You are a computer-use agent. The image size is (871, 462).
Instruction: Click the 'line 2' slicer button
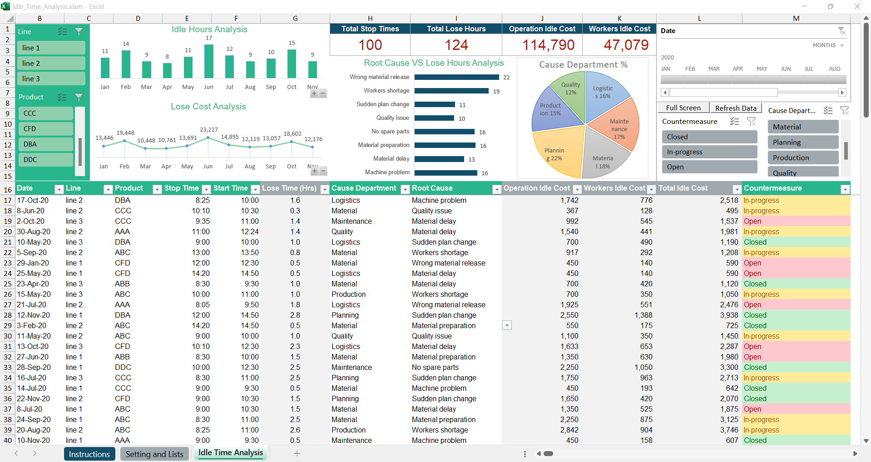[52, 63]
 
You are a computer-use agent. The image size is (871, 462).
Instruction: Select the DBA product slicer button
[45, 144]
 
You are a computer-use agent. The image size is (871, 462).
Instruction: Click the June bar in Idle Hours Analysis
[208, 61]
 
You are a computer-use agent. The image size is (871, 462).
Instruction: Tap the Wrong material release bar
[456, 77]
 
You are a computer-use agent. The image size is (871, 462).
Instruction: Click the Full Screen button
[683, 108]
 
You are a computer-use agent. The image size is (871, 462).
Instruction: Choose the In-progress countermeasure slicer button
[709, 152]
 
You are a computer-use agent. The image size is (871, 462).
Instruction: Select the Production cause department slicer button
[802, 158]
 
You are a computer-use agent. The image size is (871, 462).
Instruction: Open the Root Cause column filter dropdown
[496, 189]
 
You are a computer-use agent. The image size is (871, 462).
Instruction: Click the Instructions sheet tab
[89, 454]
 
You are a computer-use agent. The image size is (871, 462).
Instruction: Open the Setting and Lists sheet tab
[154, 454]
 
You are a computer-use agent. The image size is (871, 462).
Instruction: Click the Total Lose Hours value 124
[456, 45]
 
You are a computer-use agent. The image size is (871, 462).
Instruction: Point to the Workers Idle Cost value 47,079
[626, 45]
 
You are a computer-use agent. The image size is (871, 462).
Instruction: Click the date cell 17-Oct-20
[33, 200]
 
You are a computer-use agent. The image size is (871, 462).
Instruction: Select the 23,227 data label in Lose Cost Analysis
[209, 130]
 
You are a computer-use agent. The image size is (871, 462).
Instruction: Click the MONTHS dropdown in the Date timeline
[828, 45]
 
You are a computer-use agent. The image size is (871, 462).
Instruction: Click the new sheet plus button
[297, 453]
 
